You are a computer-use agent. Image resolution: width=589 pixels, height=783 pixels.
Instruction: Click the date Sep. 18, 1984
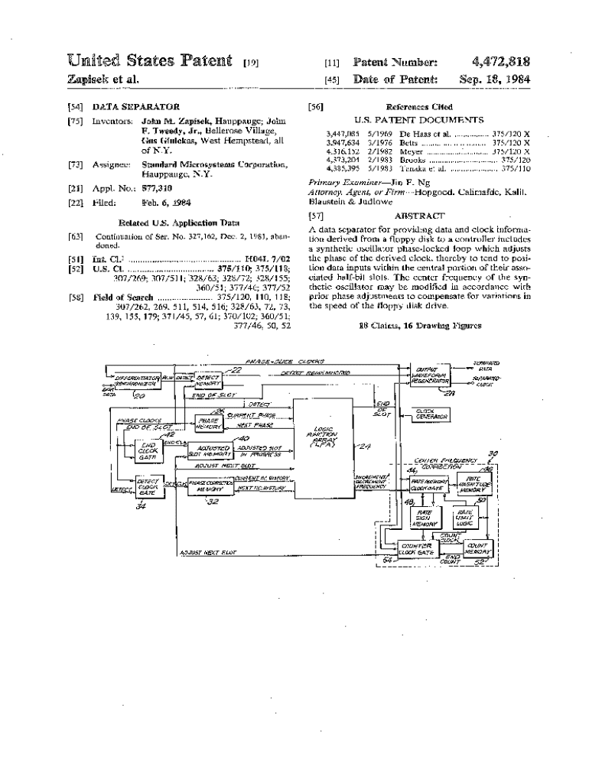(x=495, y=79)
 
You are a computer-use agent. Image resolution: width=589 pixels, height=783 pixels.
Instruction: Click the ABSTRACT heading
(x=418, y=216)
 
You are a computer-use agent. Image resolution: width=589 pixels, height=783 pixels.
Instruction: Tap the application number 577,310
(x=158, y=187)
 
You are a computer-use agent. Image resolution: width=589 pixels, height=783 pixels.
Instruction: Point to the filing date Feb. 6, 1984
(x=164, y=203)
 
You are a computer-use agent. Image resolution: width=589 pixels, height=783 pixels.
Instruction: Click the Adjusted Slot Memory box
(x=210, y=450)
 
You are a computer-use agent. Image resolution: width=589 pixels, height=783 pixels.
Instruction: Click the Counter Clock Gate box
(x=416, y=548)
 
